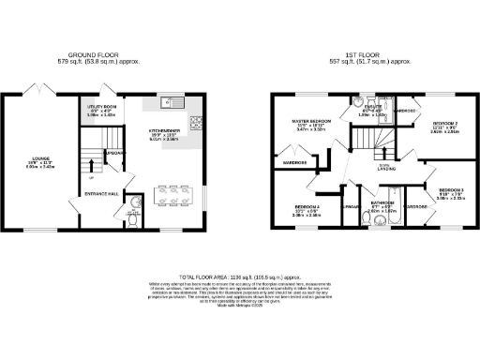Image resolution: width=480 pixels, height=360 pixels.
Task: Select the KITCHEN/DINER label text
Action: pyautogui.click(x=155, y=133)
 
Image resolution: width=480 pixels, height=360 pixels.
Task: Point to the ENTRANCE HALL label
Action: pyautogui.click(x=104, y=193)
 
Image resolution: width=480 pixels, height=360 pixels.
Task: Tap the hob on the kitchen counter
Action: pyautogui.click(x=198, y=121)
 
